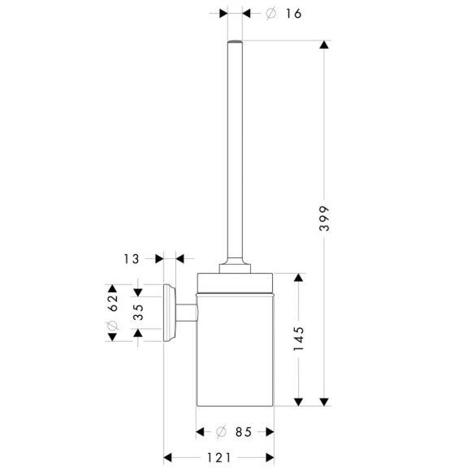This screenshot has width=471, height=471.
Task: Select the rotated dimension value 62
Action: click(x=114, y=303)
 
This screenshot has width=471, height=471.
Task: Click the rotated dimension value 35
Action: click(x=139, y=313)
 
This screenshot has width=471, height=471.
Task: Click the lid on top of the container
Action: click(x=235, y=277)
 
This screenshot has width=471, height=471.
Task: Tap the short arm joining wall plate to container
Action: click(x=186, y=313)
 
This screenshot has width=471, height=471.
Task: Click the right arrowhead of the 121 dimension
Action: click(x=268, y=456)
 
